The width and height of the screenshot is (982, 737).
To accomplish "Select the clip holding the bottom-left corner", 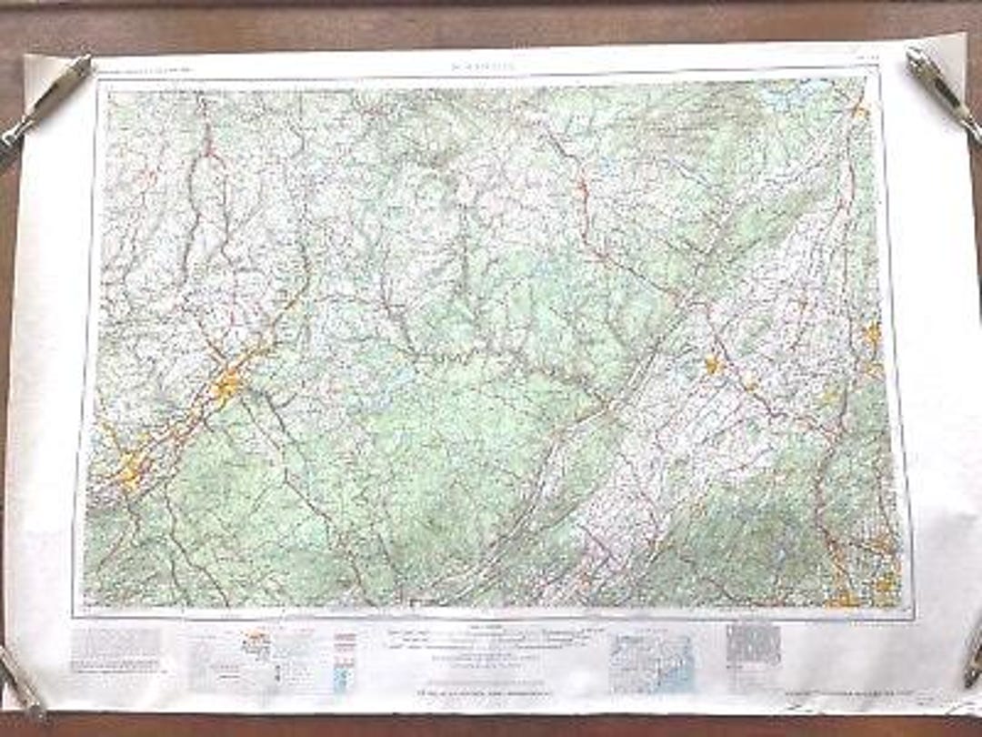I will (20, 679).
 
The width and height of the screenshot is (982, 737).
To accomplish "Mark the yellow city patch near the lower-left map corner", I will (129, 469).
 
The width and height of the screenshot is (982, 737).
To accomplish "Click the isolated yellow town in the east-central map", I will (712, 366).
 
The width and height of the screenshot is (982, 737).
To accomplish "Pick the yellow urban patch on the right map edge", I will (872, 336).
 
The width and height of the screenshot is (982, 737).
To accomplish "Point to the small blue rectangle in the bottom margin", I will (341, 679).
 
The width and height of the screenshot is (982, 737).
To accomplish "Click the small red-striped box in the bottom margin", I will (346, 641).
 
